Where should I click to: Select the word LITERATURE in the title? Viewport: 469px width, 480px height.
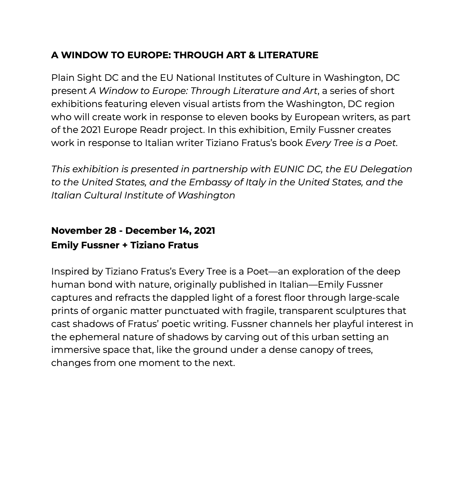pyautogui.click(x=288, y=55)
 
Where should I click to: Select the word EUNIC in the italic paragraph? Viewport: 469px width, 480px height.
pyautogui.click(x=288, y=169)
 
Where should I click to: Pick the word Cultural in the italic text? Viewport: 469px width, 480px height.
pyautogui.click(x=103, y=196)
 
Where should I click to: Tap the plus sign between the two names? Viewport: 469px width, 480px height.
pyautogui.click(x=125, y=245)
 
